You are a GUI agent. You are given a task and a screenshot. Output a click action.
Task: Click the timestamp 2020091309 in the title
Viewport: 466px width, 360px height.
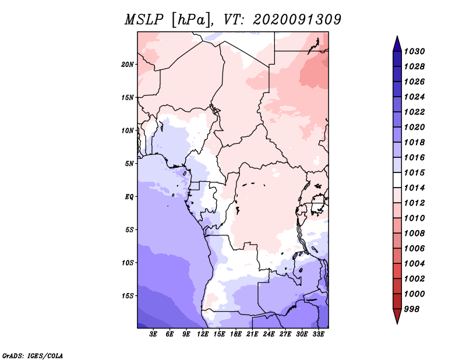(x=297, y=20)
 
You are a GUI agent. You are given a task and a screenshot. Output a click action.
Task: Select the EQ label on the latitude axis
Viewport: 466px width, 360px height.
(x=130, y=196)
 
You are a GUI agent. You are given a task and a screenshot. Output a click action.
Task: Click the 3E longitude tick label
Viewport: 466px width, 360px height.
(x=154, y=334)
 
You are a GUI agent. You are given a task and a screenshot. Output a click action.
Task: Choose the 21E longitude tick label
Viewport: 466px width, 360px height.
(x=253, y=334)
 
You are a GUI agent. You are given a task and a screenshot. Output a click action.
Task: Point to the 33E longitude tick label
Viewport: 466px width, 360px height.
(x=319, y=334)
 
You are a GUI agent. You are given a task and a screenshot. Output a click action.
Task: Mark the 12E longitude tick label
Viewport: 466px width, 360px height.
(x=203, y=334)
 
